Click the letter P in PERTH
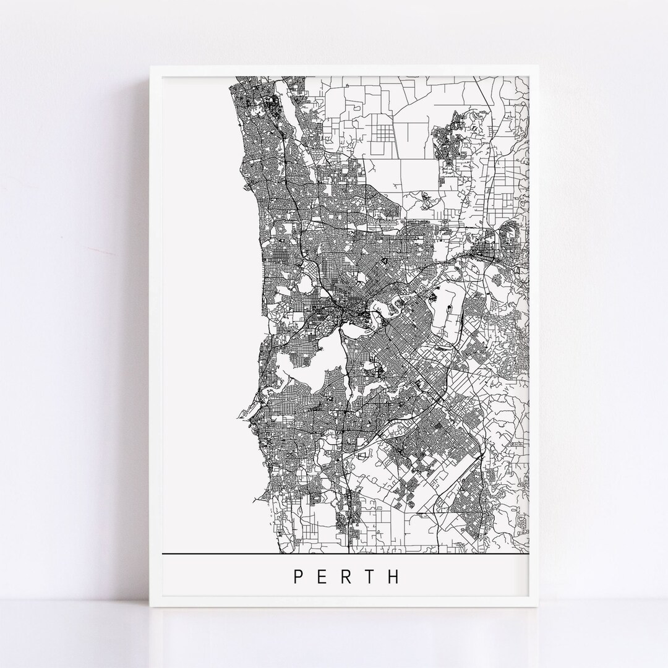[x=298, y=576]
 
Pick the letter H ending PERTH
[x=394, y=576]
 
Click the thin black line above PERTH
[x=346, y=552]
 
